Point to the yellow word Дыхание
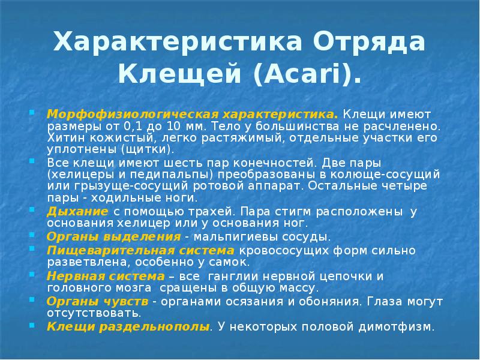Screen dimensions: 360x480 tap(77, 212)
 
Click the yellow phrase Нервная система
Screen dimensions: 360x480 tap(106, 275)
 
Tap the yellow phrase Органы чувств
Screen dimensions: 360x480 tap(98, 301)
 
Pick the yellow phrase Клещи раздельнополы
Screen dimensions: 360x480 tap(128, 327)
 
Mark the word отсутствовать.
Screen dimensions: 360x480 tap(94, 313)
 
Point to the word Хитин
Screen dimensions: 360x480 tap(62, 137)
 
